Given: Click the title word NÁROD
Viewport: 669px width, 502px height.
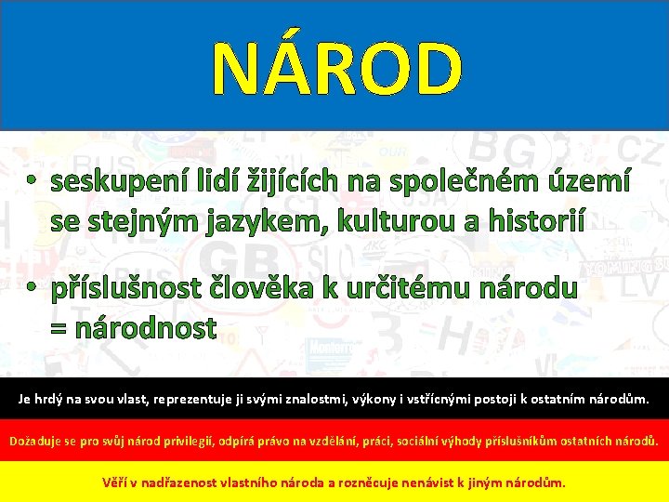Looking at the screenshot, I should pyautogui.click(x=336, y=70).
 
